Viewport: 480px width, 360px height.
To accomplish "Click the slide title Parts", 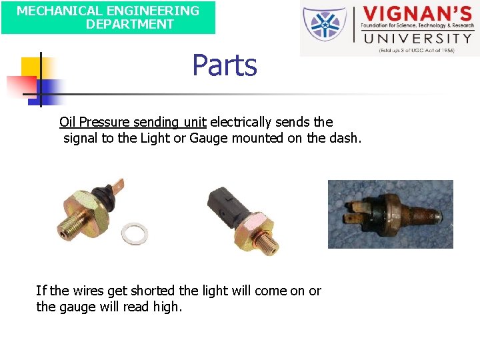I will coord(225,65).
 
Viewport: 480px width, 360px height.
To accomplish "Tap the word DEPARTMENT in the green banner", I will coord(129,24).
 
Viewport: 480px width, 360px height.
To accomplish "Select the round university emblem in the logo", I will coord(325,25).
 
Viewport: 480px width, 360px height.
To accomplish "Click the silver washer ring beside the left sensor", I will coord(133,233).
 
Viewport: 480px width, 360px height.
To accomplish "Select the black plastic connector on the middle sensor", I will coord(221,203).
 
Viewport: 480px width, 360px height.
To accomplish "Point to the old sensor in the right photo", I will coord(390,213).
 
